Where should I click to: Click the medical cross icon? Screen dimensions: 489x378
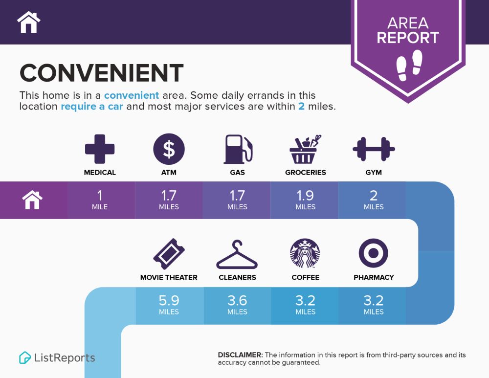point(100,149)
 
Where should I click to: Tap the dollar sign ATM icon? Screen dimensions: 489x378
point(169,149)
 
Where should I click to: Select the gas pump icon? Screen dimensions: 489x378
point(238,149)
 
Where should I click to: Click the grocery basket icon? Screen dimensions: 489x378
point(305,149)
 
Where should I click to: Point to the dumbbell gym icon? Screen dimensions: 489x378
point(374,149)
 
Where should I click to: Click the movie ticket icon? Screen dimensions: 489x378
point(169,254)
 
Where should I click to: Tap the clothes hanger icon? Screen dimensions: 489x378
point(237,254)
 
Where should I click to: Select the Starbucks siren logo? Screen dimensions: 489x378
point(305,254)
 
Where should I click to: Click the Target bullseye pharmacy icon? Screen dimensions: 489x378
point(373,253)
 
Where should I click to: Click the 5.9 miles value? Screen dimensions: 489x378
point(169,305)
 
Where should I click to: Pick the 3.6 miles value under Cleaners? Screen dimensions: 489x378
point(237,305)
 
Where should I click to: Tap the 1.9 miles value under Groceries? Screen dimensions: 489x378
point(305,200)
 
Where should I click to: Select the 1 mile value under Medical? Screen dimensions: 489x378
point(100,200)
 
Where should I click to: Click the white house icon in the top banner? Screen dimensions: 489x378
point(29,22)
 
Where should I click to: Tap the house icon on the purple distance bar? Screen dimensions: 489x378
point(32,200)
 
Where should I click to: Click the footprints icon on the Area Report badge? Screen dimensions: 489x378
point(409,66)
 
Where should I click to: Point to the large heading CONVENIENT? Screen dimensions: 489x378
point(101,73)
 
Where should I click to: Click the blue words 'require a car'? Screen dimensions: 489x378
point(92,106)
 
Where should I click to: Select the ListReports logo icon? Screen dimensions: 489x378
point(25,357)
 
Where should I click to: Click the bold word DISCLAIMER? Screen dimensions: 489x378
point(240,355)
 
